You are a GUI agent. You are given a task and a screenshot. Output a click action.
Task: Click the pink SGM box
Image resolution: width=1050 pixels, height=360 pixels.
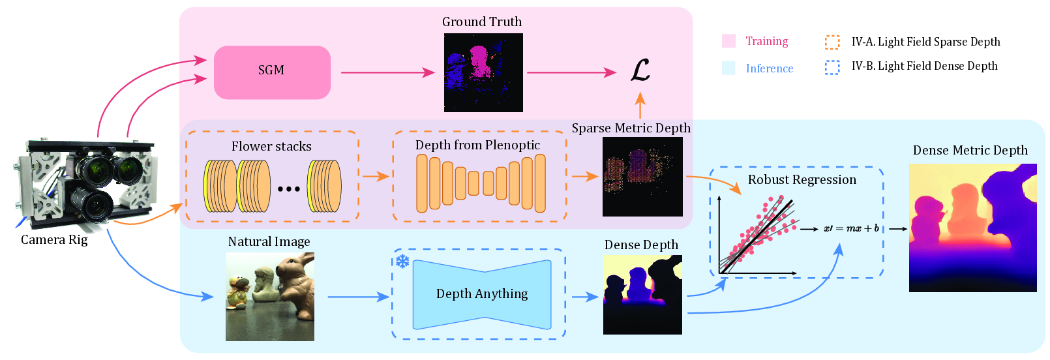[273, 72]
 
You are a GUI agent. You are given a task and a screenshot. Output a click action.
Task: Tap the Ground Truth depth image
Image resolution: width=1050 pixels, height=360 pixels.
[483, 72]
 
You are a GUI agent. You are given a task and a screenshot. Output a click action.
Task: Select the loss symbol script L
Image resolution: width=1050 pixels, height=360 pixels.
[640, 70]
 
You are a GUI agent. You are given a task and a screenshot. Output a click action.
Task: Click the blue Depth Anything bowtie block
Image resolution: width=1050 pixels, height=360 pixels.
[482, 294]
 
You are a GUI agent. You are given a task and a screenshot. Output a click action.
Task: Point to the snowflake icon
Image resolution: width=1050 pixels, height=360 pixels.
[402, 262]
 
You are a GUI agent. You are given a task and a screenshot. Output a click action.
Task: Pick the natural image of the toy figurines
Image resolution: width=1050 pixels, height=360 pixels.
[270, 297]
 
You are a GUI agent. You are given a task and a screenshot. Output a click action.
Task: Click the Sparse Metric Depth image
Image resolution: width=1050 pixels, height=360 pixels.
[642, 176]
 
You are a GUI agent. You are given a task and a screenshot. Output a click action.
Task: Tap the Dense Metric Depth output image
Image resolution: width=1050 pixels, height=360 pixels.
[972, 228]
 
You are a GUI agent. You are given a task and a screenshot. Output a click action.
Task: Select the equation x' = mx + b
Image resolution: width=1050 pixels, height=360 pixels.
[851, 229]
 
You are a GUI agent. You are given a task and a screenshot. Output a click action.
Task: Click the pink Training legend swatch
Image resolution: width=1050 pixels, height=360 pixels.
[729, 41]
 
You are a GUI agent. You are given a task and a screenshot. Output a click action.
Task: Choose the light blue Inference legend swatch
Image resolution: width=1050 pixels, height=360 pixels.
[729, 68]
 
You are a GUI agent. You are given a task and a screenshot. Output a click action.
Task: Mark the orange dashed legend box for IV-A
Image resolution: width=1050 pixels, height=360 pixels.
[832, 42]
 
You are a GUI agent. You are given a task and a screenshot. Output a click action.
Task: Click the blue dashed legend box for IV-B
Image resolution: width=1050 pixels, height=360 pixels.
[832, 67]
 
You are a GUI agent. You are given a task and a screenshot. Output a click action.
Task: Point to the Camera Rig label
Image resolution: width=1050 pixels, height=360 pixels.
[54, 239]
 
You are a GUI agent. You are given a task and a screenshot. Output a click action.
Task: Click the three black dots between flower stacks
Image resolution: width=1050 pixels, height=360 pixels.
[289, 189]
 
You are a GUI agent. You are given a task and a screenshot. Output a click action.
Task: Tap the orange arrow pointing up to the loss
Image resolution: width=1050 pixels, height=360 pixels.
[640, 105]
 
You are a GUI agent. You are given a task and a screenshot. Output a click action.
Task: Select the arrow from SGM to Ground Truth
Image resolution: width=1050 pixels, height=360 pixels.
[388, 72]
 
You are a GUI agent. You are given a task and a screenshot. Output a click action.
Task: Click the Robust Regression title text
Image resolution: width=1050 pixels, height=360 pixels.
[802, 179]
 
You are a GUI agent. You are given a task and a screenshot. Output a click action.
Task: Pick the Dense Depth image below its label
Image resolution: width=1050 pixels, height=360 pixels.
[642, 294]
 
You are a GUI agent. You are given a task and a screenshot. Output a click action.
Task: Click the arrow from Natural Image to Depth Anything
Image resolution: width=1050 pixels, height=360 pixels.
[359, 297]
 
